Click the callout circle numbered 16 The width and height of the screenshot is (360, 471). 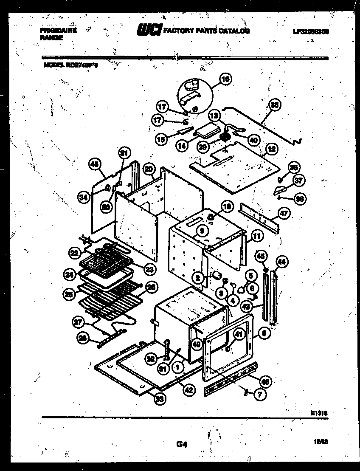tap(226, 79)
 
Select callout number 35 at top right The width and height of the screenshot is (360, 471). tap(275, 105)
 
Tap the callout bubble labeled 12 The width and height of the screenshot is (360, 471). tap(271, 149)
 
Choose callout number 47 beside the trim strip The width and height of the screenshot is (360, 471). tap(284, 213)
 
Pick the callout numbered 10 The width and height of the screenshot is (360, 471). tap(227, 207)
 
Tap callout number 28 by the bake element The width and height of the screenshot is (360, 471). tap(83, 338)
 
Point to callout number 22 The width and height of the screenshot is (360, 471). tap(75, 252)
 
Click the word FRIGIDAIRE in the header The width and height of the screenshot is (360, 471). tap(58, 31)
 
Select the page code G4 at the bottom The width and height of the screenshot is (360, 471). tap(181, 445)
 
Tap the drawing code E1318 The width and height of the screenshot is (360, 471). tap(320, 412)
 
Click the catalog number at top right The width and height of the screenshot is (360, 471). tap(311, 31)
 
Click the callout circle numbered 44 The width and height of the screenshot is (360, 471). tap(282, 261)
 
